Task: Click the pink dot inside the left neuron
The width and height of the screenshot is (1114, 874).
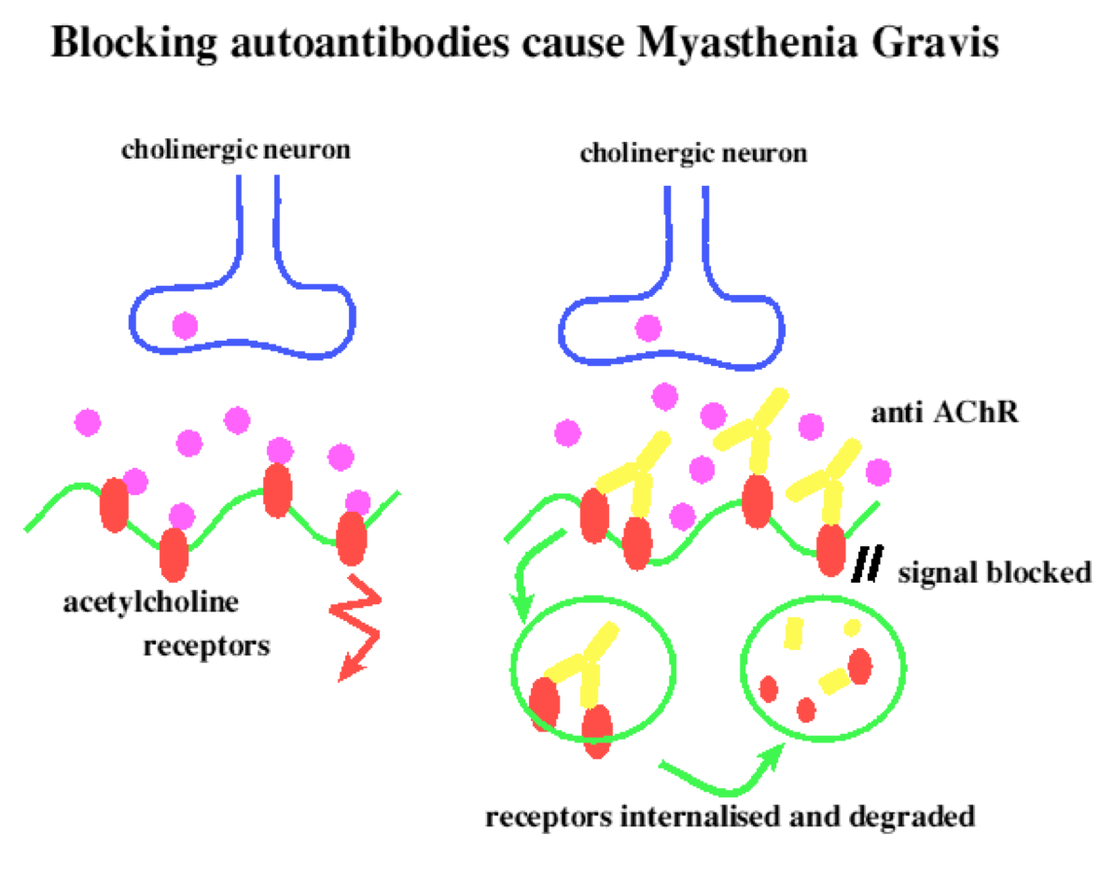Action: coord(184,326)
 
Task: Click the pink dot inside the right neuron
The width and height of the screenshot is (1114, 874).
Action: coord(648,328)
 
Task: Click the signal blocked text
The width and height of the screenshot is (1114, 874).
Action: coord(993,571)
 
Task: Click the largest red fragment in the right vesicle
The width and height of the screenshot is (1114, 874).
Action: coord(858,666)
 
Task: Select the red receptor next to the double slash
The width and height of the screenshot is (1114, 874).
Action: coord(830,551)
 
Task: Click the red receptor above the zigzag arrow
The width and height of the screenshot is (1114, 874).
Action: coord(351,538)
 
